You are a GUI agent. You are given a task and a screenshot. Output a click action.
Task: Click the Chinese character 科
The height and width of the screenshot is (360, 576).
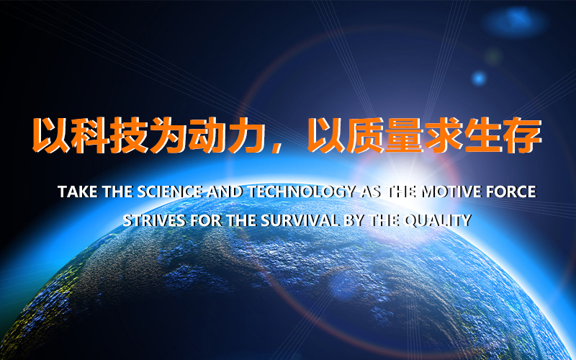click(x=89, y=135)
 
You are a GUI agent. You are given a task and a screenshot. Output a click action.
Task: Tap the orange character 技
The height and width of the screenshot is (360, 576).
click(x=129, y=135)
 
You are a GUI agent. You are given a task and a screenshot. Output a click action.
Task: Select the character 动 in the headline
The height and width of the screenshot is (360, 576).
click(x=207, y=135)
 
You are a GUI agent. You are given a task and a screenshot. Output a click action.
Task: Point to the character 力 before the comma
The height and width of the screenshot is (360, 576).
click(x=246, y=135)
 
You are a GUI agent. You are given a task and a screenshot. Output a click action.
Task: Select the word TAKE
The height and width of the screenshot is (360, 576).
click(x=78, y=192)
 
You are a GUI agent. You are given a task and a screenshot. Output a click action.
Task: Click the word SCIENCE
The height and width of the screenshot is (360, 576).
click(x=170, y=192)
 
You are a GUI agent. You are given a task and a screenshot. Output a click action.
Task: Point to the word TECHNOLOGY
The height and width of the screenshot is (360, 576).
click(x=302, y=192)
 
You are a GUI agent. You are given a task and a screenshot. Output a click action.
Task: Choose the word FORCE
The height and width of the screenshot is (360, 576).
click(x=511, y=192)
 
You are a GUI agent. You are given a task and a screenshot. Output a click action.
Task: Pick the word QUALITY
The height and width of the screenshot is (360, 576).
click(x=437, y=220)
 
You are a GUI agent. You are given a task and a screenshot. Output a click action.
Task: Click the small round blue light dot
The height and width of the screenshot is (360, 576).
click(x=479, y=78)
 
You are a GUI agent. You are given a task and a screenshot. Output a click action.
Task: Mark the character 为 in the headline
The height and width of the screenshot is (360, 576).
click(x=168, y=135)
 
